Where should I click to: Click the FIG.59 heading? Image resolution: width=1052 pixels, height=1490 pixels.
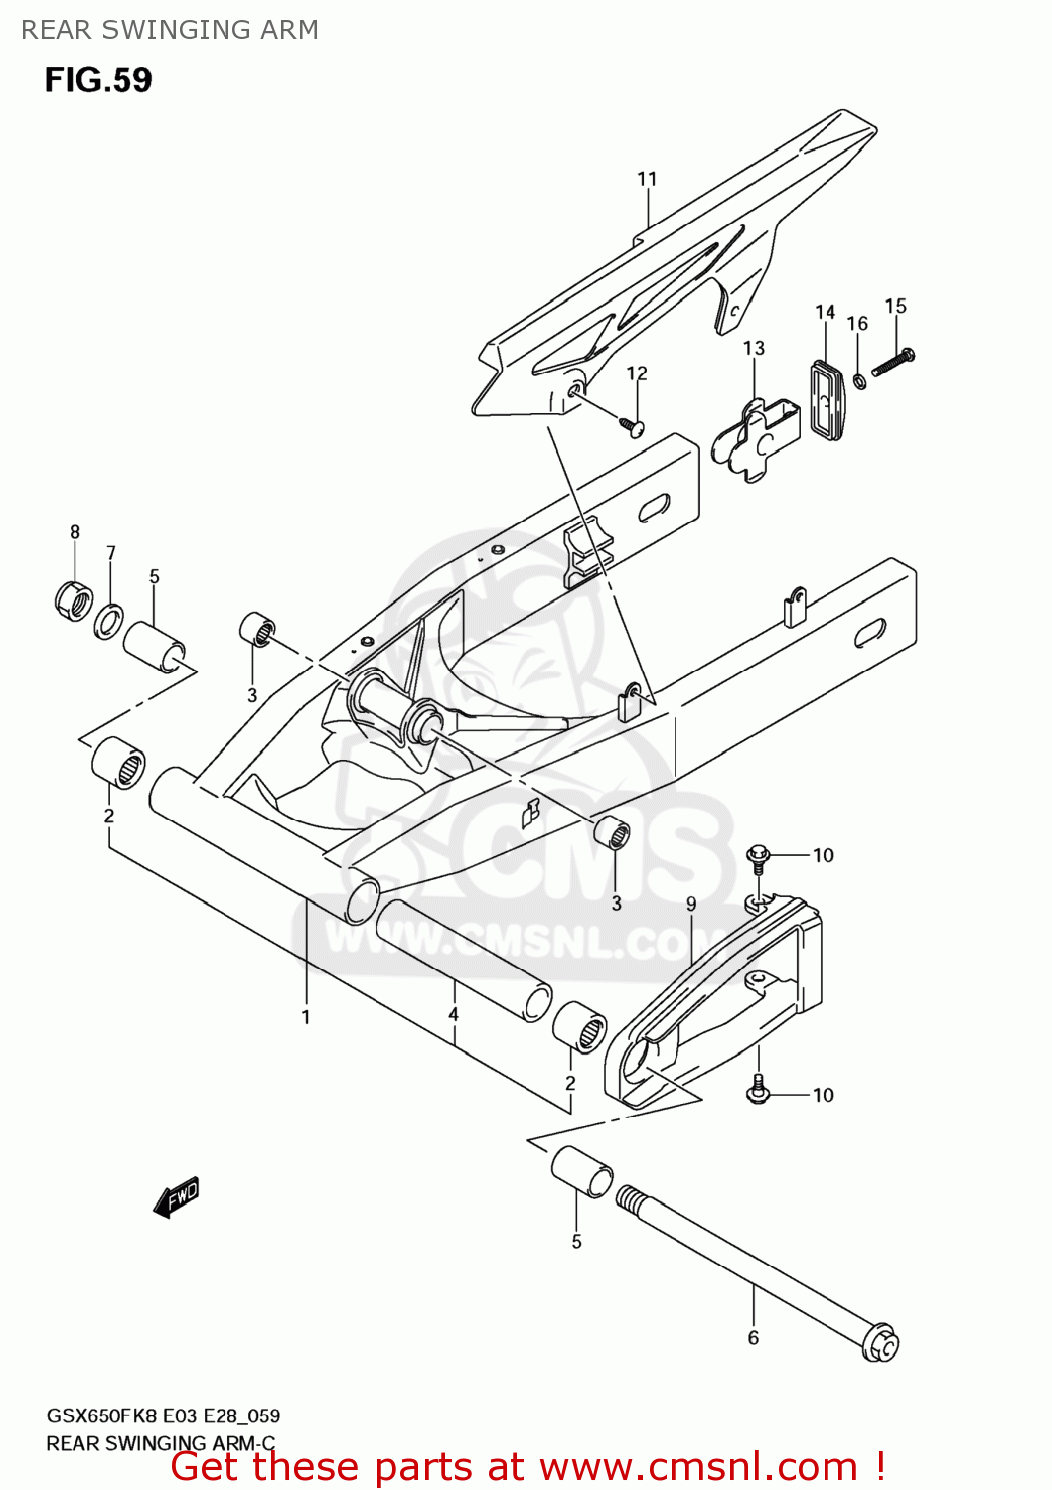(97, 79)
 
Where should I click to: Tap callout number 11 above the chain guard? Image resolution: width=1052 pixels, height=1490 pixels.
(647, 179)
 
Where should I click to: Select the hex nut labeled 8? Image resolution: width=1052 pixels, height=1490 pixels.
(73, 600)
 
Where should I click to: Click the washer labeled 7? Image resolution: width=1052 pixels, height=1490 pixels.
(109, 622)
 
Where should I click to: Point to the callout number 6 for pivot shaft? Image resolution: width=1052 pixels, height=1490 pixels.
(753, 1337)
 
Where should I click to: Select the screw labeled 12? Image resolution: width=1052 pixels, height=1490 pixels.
(632, 427)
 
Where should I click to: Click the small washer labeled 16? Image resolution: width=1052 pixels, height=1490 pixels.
(859, 380)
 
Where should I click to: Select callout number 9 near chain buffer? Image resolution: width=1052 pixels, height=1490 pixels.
(691, 904)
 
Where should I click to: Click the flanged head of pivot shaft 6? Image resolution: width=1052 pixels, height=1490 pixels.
(880, 1343)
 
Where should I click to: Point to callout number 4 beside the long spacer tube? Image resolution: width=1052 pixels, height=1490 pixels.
(453, 1014)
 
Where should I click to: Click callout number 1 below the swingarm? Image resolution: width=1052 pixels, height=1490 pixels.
(306, 1017)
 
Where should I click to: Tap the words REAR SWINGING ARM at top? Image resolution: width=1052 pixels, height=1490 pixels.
(170, 30)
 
